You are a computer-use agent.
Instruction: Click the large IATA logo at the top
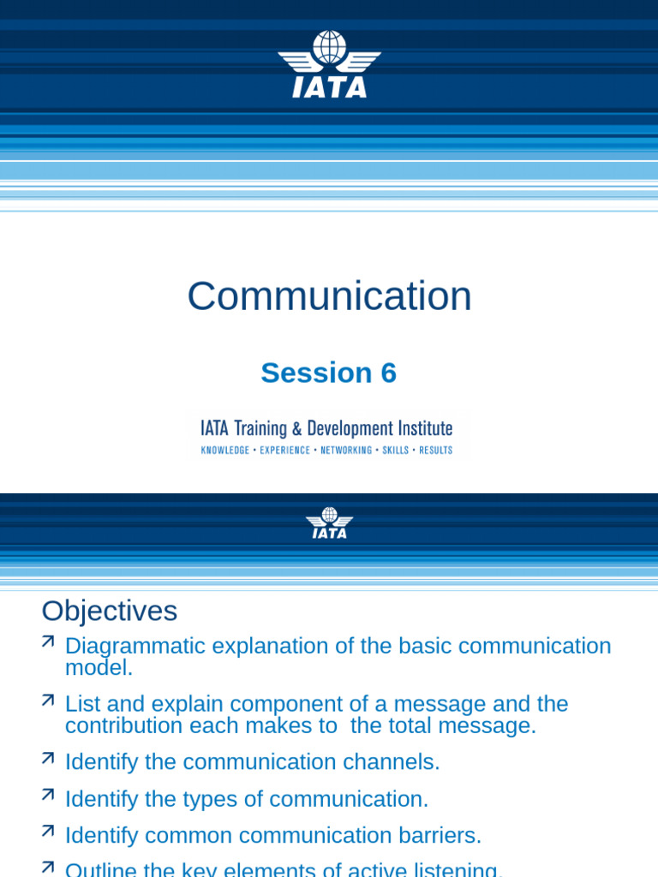(329, 64)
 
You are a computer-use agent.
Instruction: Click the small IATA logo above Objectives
(329, 522)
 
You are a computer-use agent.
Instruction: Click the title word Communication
(329, 296)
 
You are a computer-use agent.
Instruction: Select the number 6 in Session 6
(388, 373)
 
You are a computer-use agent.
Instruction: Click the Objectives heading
(110, 611)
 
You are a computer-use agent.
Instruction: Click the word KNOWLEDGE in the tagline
(225, 450)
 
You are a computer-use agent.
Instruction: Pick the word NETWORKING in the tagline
(346, 450)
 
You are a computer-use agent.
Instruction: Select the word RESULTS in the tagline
(435, 450)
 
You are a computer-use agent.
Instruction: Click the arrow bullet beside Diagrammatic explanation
(48, 641)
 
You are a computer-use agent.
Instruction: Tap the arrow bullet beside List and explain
(48, 700)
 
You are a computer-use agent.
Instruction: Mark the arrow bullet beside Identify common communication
(48, 831)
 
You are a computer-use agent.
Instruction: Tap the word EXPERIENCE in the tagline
(285, 450)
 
